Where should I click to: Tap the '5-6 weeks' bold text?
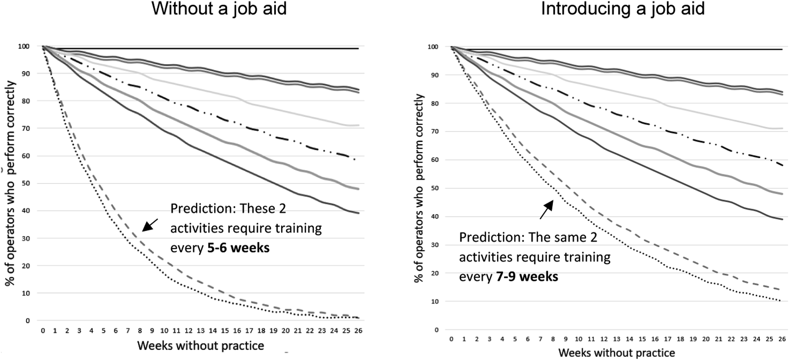tap(238, 248)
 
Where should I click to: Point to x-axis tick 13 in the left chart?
tap(201, 331)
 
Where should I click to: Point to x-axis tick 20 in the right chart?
tap(706, 339)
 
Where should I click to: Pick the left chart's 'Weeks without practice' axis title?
tap(201, 346)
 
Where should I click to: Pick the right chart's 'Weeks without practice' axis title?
tap(617, 353)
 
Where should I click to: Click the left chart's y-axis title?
tap(10, 183)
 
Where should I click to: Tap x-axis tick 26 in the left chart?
tap(358, 331)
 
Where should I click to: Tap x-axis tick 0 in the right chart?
tap(451, 339)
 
